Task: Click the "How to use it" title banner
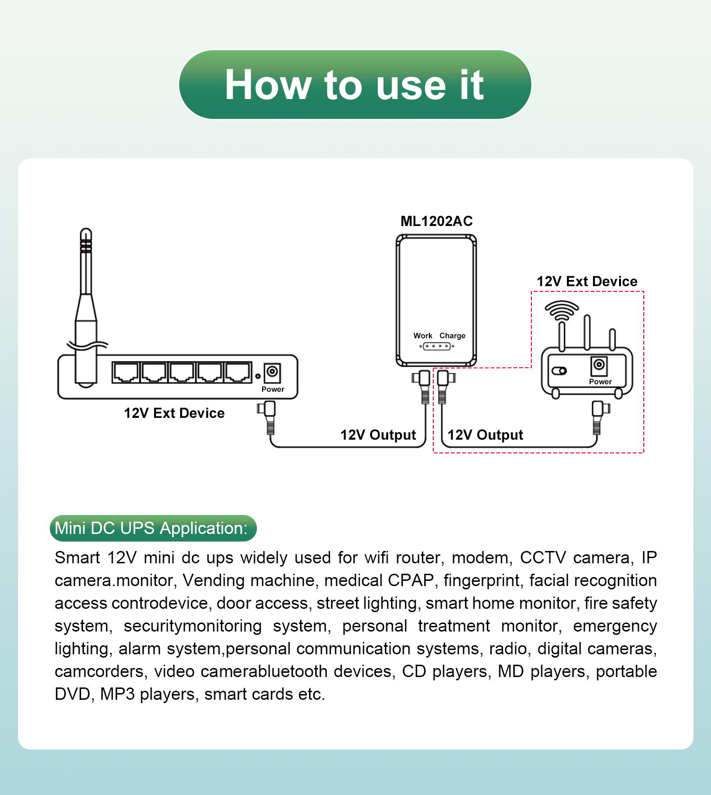pos(355,85)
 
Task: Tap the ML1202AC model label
pos(437,221)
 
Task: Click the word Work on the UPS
pos(423,335)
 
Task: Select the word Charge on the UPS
pos(452,335)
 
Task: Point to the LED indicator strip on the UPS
pos(437,346)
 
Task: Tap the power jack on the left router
pos(272,372)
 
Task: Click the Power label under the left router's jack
pos(273,389)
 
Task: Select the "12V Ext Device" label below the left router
pos(174,413)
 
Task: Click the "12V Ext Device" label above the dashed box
pos(587,281)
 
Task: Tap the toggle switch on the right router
pos(559,370)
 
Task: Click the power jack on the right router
pos(599,365)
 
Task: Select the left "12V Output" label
pos(378,435)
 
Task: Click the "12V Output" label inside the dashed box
pos(485,435)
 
